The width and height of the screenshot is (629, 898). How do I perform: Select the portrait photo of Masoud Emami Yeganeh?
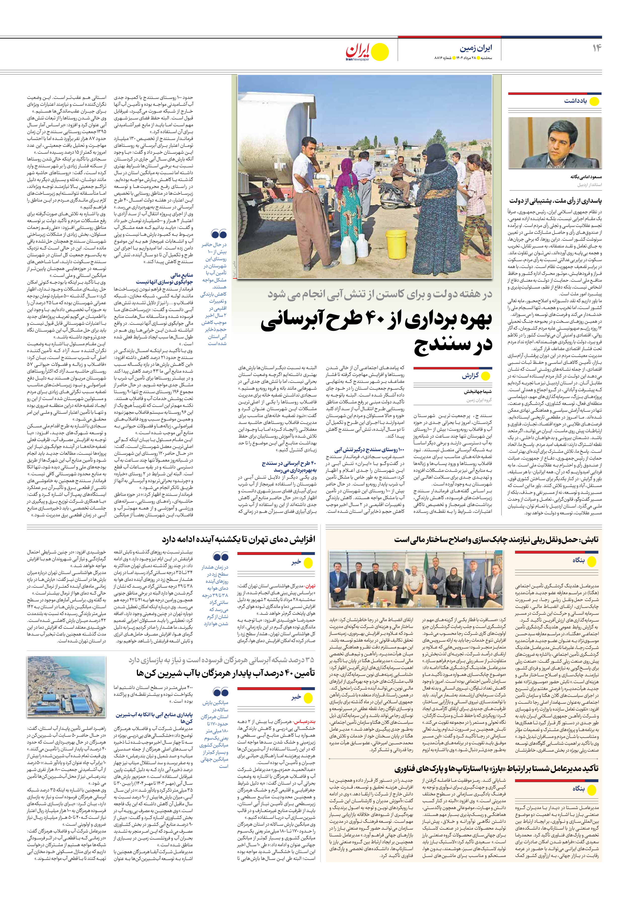pyautogui.click(x=555, y=143)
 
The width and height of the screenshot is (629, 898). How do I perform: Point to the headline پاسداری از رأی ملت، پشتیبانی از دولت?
pyautogui.click(x=556, y=201)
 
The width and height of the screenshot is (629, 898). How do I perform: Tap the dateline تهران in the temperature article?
pyautogui.click(x=310, y=586)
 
